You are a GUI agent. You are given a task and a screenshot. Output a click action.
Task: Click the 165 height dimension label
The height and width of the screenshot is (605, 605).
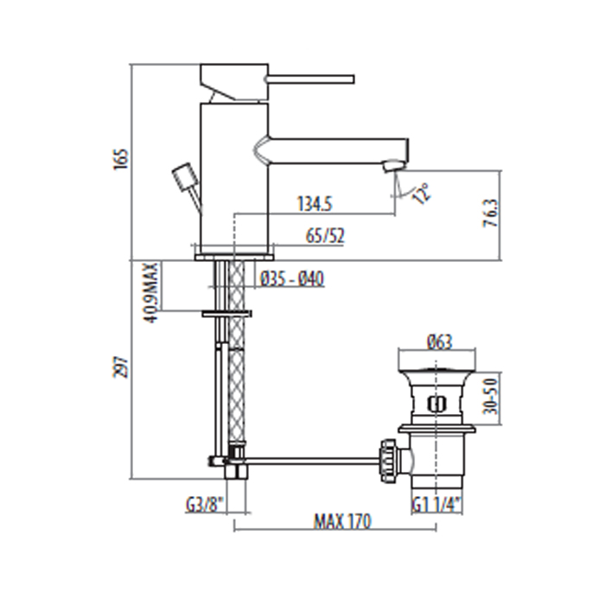(x=120, y=159)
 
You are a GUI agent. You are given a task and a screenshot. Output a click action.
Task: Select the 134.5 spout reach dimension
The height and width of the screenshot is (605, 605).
(x=315, y=203)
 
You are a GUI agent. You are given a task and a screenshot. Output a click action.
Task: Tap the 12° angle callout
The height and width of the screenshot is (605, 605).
(x=422, y=193)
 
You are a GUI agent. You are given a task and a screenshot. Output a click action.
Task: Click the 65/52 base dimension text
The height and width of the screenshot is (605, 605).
(x=325, y=236)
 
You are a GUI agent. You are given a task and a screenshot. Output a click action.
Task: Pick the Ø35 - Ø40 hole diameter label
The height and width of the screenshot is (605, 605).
(x=292, y=278)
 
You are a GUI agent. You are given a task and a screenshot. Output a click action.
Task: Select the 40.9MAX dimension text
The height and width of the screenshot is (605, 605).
(x=152, y=292)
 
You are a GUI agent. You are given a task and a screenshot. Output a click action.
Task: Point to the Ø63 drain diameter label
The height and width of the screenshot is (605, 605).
(x=439, y=341)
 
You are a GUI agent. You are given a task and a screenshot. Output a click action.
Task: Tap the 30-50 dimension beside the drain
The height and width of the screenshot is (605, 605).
(x=491, y=396)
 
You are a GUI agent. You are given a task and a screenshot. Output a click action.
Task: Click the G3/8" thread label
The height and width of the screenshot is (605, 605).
(x=206, y=505)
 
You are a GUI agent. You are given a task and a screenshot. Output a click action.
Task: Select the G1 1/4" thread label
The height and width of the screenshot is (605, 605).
(x=436, y=505)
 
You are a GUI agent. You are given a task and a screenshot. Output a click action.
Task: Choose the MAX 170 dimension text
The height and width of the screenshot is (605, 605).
(x=342, y=521)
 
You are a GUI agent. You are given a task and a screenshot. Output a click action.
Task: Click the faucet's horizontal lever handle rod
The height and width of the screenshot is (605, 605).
(x=309, y=80)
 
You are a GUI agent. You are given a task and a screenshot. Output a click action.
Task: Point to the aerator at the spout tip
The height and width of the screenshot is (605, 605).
(x=392, y=167)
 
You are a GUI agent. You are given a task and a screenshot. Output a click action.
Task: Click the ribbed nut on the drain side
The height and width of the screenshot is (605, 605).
(x=388, y=460)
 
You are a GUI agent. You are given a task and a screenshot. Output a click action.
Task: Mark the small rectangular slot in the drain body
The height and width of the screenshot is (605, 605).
(x=436, y=404)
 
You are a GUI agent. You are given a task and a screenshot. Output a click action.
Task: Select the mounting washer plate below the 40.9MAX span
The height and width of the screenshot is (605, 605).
(x=226, y=313)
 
